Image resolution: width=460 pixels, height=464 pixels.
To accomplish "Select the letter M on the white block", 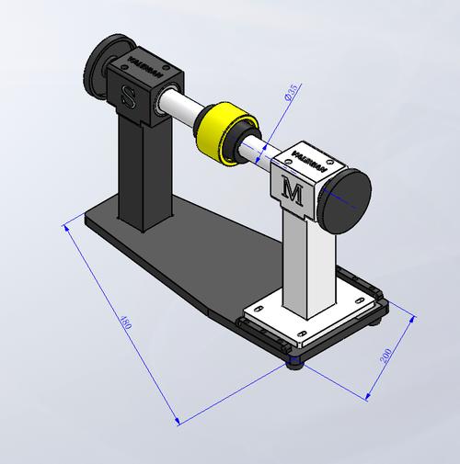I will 293,192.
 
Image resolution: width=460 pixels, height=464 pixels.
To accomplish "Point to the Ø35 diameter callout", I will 289,95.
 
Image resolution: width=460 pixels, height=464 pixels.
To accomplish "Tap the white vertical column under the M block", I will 305,266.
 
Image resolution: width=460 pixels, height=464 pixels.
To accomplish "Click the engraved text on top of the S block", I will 143,66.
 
